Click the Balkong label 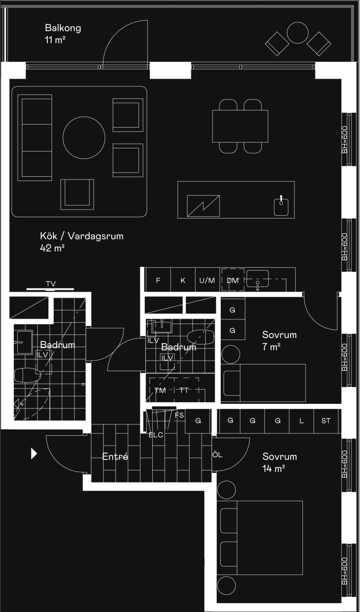point(63,28)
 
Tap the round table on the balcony point(298,33)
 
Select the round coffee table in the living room point(84,138)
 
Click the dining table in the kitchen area point(240,126)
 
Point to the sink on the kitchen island point(281,206)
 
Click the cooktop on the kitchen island point(203,206)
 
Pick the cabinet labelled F point(158,280)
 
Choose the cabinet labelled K point(183,280)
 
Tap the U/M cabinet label point(207,280)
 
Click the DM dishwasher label point(232,280)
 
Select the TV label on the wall point(51,284)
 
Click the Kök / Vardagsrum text point(82,236)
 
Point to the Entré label point(115,456)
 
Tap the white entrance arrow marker point(34,453)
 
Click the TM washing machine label point(160,391)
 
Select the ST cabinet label point(326,421)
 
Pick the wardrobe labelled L point(301,421)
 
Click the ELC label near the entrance point(156,435)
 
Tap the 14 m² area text point(274,468)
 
